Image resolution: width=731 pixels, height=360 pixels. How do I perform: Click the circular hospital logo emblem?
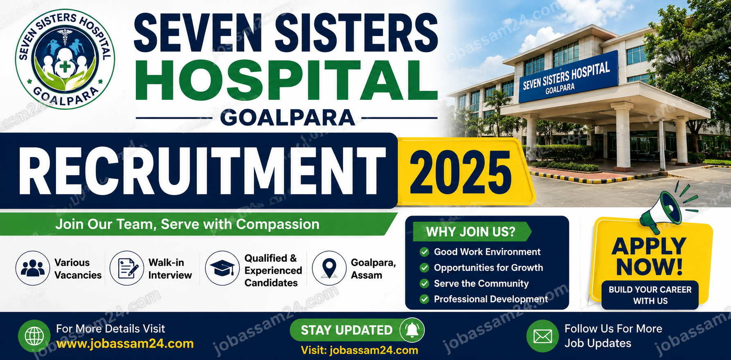click(65, 59)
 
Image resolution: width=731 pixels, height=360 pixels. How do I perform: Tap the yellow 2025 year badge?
click(466, 171)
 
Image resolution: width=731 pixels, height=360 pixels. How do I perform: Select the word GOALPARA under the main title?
click(287, 118)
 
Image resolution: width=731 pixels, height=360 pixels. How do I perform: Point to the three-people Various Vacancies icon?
click(33, 268)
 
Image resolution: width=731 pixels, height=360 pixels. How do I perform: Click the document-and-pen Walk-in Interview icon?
click(127, 268)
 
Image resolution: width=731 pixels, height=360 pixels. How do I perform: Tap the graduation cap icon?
click(222, 268)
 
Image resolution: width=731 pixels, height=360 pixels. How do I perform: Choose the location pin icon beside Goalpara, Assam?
click(329, 268)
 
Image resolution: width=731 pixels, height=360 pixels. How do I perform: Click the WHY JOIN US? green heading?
click(471, 232)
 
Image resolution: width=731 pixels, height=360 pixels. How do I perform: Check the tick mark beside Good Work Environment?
click(424, 252)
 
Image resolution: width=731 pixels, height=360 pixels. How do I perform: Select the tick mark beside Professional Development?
click(424, 299)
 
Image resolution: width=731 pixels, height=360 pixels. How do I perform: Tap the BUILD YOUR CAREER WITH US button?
click(650, 295)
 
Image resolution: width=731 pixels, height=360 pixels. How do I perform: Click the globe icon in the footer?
click(34, 336)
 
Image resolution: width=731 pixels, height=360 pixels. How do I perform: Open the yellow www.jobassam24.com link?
click(125, 344)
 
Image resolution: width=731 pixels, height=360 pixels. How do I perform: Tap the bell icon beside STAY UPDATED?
click(412, 330)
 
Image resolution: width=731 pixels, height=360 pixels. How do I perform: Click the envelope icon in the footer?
click(543, 336)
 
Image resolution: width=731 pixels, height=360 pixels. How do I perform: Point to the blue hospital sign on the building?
click(568, 77)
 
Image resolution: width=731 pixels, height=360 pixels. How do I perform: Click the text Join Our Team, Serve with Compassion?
click(187, 224)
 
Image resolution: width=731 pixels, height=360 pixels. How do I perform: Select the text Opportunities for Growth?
click(488, 268)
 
